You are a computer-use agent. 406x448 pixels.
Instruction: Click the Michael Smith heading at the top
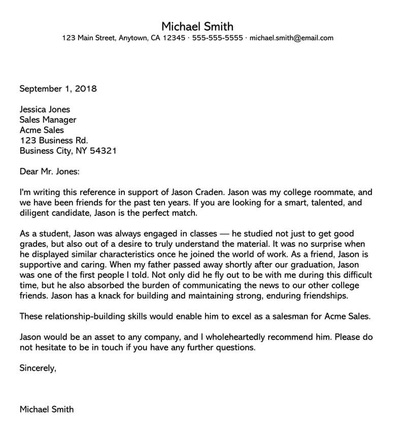click(198, 26)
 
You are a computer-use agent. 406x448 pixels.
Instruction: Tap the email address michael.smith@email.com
click(292, 38)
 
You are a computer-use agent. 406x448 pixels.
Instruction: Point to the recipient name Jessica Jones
click(45, 109)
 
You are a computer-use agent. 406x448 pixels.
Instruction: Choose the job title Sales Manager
click(48, 120)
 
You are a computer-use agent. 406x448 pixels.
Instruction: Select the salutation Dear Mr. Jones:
click(50, 172)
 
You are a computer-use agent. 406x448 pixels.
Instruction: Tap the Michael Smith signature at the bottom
click(47, 409)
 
